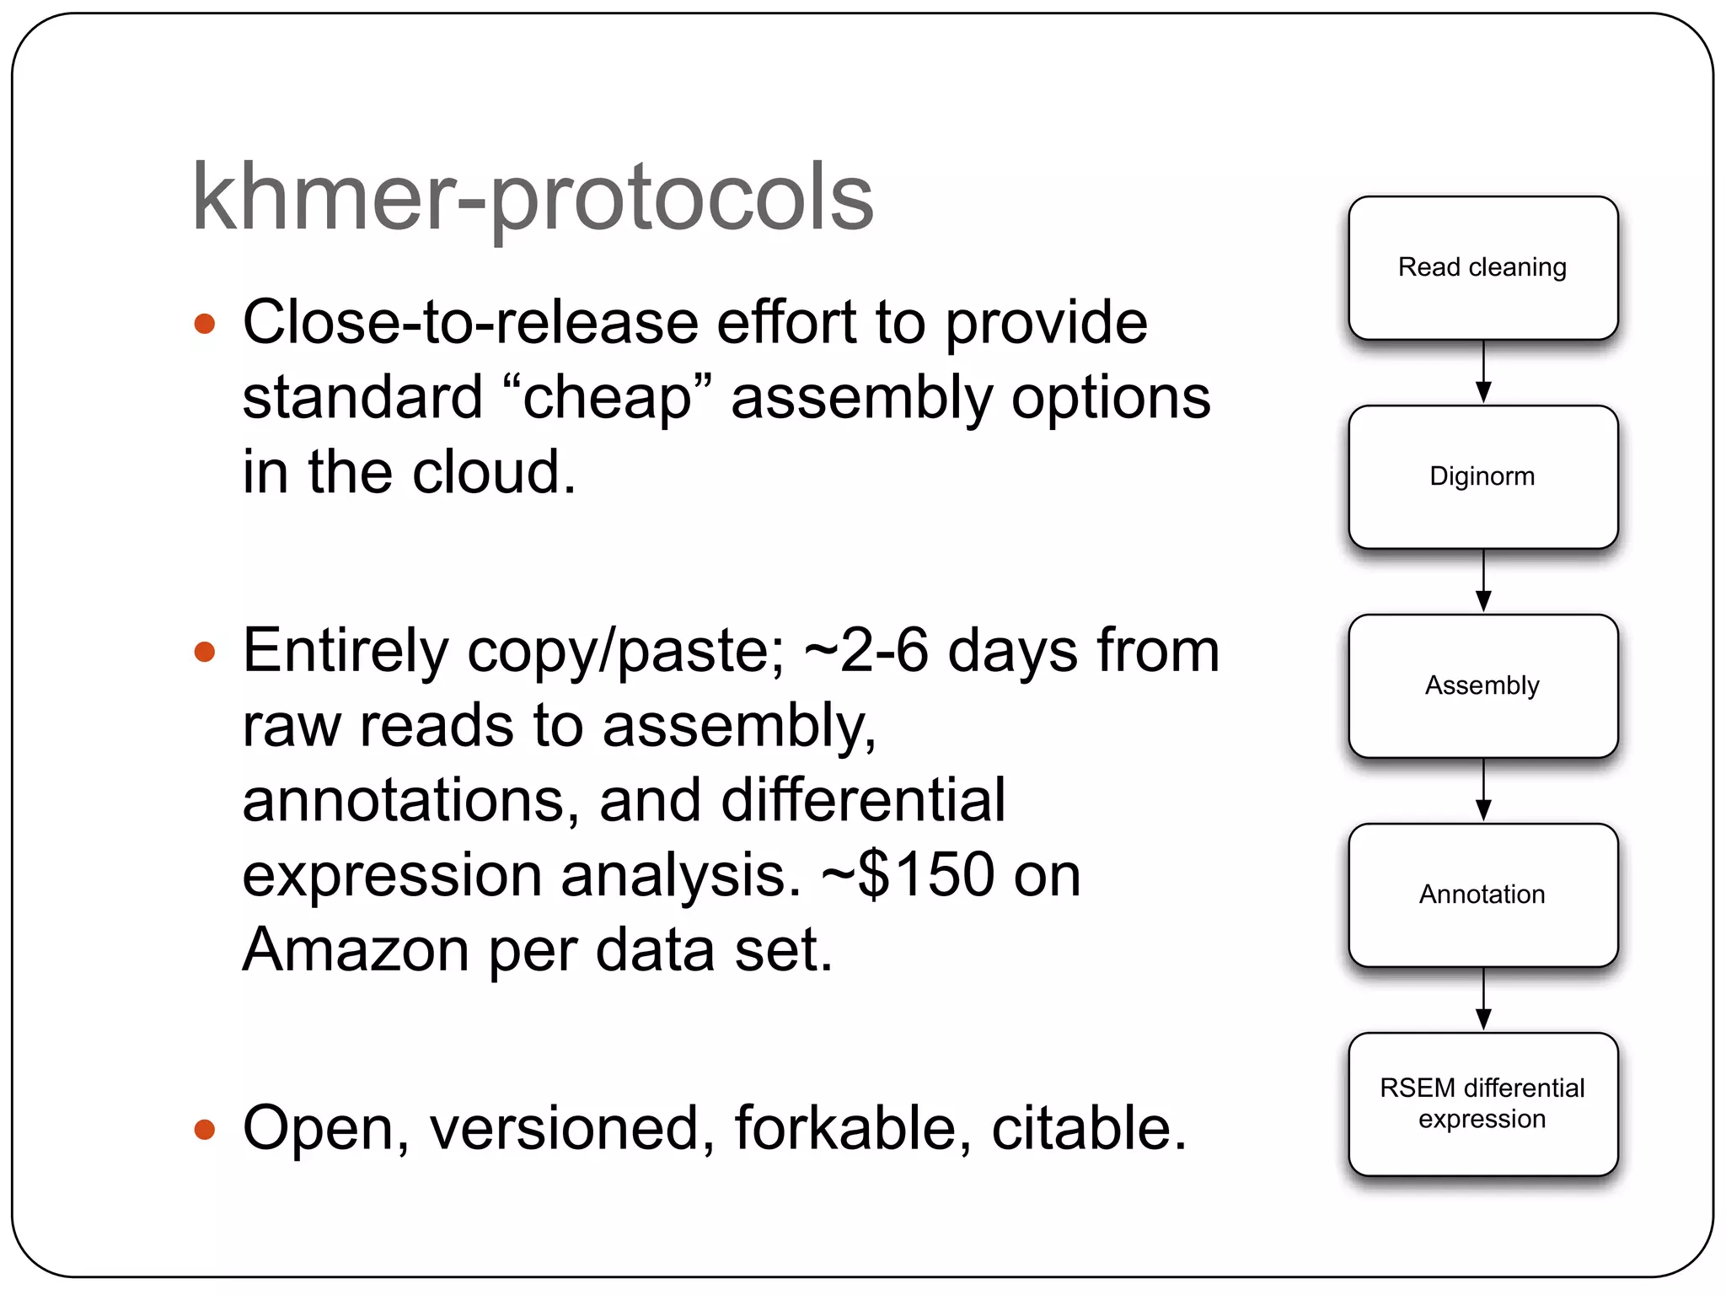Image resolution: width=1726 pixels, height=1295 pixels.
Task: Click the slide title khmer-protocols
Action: tap(533, 198)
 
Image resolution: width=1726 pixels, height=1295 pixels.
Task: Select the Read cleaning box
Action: tap(1482, 268)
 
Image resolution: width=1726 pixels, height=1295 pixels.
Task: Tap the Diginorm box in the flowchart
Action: tap(1482, 477)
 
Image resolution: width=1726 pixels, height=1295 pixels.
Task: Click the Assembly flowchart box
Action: tap(1482, 685)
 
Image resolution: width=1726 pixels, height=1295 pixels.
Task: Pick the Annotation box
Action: tap(1482, 895)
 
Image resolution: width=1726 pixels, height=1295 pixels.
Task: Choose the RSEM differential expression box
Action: tap(1482, 1104)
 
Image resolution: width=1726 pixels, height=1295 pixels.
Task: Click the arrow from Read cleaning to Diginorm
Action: tap(1483, 373)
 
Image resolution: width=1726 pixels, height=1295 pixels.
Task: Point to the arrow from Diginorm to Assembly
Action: tap(1483, 582)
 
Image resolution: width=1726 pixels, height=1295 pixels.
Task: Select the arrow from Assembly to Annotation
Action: tap(1483, 791)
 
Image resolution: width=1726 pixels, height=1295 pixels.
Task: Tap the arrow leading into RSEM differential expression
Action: tap(1483, 1000)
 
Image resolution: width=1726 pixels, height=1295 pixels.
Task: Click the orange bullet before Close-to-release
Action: tap(205, 324)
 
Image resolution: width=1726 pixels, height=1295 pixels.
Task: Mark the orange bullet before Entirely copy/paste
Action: tap(205, 652)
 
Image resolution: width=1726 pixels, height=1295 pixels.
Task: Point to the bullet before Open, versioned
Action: tap(205, 1129)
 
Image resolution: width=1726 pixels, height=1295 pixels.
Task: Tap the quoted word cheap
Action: tap(607, 398)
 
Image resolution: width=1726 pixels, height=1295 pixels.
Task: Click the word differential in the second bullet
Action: tap(863, 800)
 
